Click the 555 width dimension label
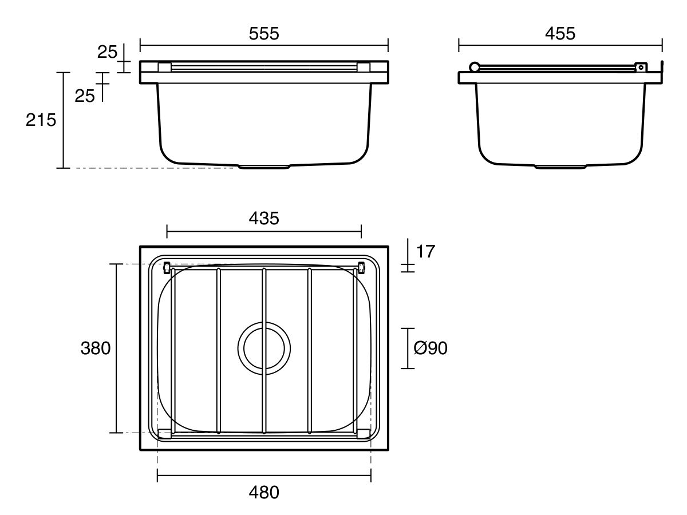pyautogui.click(x=264, y=34)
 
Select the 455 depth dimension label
pyautogui.click(x=560, y=34)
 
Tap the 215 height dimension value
pyautogui.click(x=41, y=120)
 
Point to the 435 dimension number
pyautogui.click(x=264, y=218)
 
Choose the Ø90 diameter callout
pyautogui.click(x=430, y=348)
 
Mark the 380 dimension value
pyautogui.click(x=95, y=348)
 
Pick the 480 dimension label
pyautogui.click(x=264, y=492)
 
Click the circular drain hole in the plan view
pyautogui.click(x=264, y=348)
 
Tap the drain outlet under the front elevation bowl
pyautogui.click(x=264, y=167)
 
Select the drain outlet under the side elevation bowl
pyautogui.click(x=560, y=167)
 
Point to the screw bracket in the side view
pyautogui.click(x=641, y=67)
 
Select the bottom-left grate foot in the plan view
pyautogui.click(x=164, y=434)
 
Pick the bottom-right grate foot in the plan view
pyautogui.click(x=364, y=434)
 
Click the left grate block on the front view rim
pyautogui.click(x=164, y=68)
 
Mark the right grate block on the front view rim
pyautogui.click(x=364, y=68)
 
